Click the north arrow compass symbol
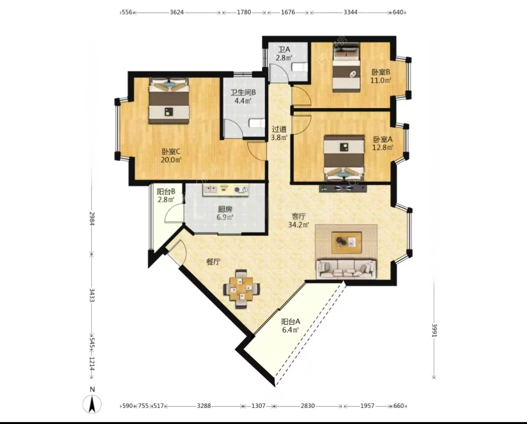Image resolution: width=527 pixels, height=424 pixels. (92, 404)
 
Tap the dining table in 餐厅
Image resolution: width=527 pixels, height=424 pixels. (242, 289)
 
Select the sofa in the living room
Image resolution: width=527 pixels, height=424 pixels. (346, 269)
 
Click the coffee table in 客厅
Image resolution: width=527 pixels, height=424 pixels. (347, 243)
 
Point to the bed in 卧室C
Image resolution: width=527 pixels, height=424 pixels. (169, 101)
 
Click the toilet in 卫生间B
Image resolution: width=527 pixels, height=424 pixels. (257, 123)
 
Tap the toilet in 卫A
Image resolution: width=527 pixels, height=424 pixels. (300, 67)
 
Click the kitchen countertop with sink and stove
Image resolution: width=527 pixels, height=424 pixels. (225, 190)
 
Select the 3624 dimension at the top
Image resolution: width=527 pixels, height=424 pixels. (177, 12)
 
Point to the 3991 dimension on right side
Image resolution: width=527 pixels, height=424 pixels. (434, 330)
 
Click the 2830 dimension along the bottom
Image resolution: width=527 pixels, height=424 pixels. (307, 405)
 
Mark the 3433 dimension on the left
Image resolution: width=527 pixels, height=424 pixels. (91, 294)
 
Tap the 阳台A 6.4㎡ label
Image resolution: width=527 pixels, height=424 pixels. (290, 326)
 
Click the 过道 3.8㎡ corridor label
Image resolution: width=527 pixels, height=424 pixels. (279, 133)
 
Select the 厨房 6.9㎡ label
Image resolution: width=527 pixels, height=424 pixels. (225, 213)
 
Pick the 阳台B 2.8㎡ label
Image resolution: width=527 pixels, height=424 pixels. (166, 195)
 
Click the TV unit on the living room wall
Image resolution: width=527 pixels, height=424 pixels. (343, 188)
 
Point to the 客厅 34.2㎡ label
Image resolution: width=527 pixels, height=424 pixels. (298, 220)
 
